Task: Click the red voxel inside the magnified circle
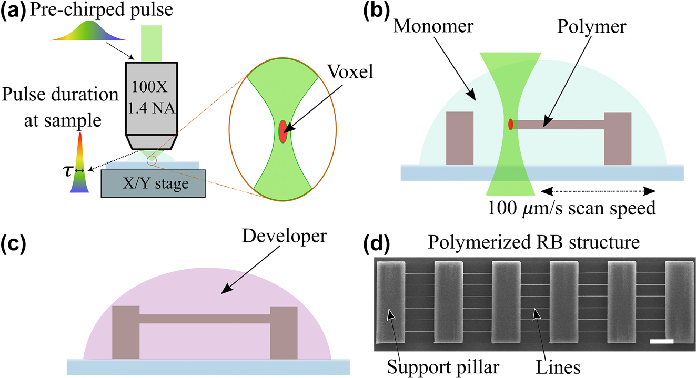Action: click(x=283, y=131)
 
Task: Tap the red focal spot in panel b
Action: click(x=510, y=124)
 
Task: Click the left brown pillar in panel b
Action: click(x=459, y=138)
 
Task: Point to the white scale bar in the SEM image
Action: click(x=661, y=342)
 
